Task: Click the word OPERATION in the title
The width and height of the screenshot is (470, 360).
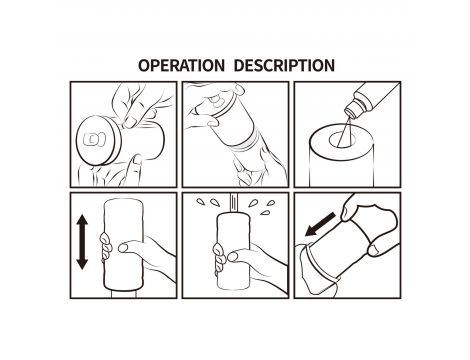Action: pos(181,65)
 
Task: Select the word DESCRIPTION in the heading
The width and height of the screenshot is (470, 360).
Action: pos(284,65)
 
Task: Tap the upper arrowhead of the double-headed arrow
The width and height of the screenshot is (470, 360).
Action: pos(82,222)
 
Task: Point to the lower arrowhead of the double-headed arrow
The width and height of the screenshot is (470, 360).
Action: pos(82,262)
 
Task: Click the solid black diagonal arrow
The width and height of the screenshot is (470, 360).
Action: pos(321,224)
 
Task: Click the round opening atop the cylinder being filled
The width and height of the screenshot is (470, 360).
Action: pos(342,140)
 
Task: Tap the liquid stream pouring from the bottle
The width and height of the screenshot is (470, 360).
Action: pos(344,130)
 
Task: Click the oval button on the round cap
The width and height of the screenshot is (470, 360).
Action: pos(95,140)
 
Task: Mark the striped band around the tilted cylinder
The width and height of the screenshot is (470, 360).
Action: pos(248,144)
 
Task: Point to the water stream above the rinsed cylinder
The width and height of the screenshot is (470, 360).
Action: pos(234,202)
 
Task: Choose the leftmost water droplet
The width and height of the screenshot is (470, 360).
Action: pos(201,201)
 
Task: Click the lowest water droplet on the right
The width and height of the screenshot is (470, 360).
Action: pos(265,212)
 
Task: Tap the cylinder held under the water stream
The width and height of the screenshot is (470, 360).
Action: pos(234,251)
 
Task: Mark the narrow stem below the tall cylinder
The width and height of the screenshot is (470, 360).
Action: pos(123,293)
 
